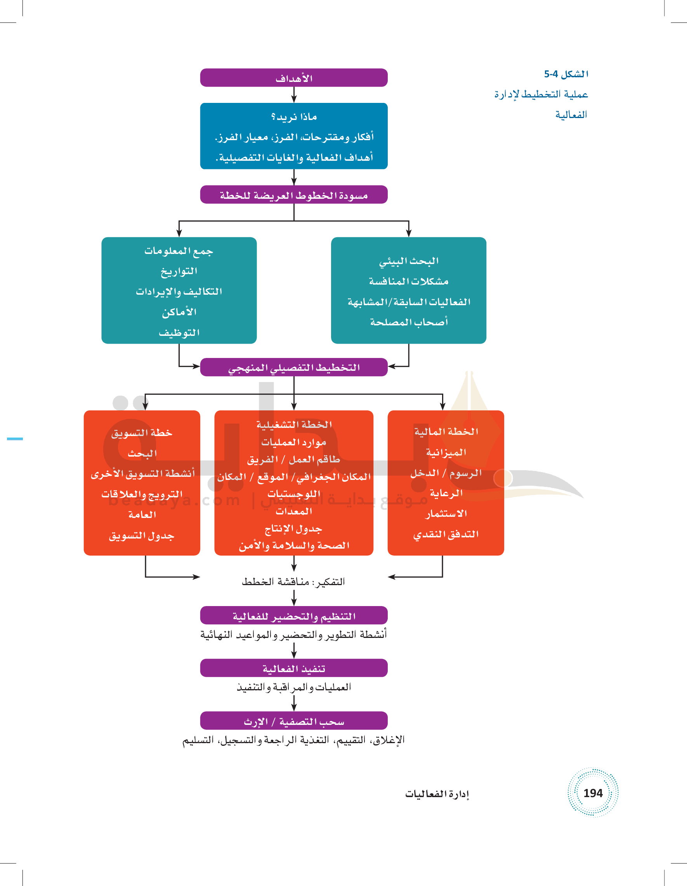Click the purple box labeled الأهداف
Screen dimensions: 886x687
(293, 78)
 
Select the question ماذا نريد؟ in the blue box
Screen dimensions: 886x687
(293, 117)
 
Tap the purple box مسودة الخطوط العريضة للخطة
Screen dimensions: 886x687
(293, 195)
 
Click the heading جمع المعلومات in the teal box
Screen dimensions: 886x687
(179, 251)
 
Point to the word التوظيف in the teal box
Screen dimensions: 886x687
(179, 333)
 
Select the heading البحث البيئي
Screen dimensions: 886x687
(408, 261)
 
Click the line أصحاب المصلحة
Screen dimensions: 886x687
(408, 322)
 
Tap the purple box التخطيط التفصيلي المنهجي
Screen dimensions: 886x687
(293, 368)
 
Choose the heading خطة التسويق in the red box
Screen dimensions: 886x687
(142, 433)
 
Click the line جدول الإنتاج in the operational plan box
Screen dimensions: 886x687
(293, 528)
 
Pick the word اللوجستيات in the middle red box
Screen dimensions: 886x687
(293, 494)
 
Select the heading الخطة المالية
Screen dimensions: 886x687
(446, 432)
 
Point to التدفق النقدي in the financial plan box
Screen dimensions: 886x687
(446, 534)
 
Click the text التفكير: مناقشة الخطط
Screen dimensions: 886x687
(293, 582)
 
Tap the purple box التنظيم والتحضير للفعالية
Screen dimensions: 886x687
(293, 616)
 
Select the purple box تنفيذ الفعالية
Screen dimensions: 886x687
(293, 669)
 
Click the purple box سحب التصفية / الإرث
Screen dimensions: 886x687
(293, 721)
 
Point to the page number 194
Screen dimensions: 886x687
(593, 793)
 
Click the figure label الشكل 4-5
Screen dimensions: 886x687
(566, 74)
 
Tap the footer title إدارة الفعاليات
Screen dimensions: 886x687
(437, 794)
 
